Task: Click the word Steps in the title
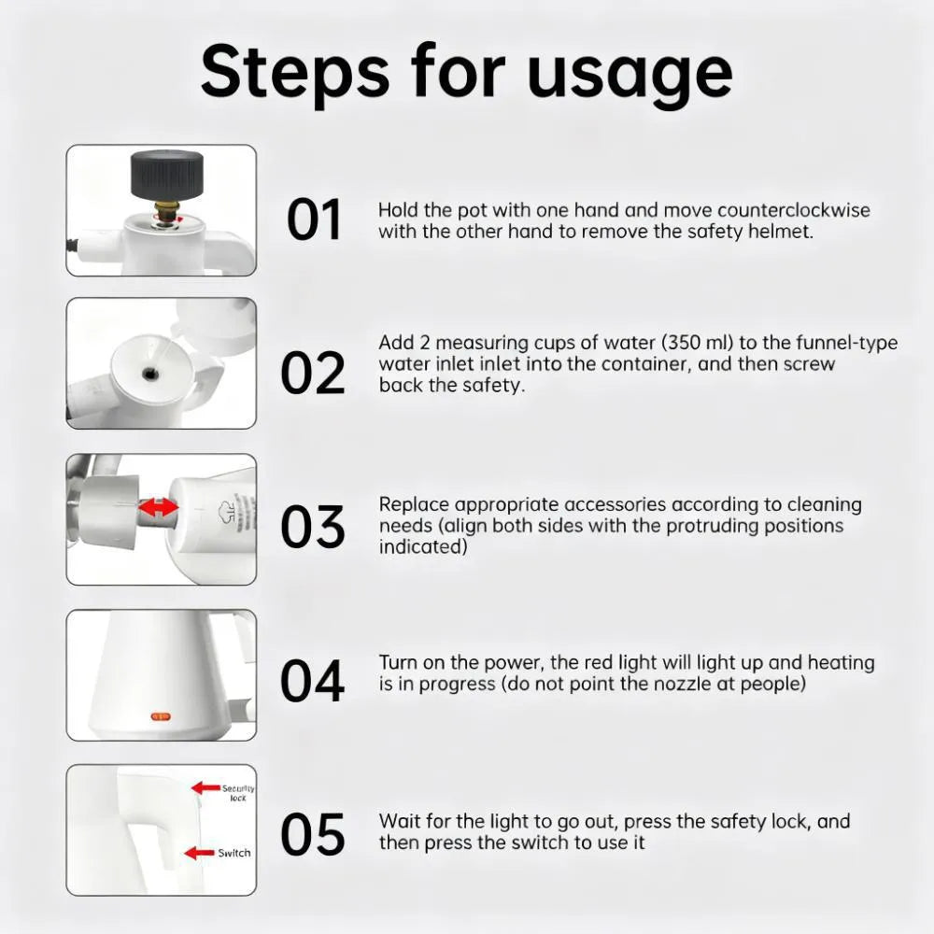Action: pos(295,74)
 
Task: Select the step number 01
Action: pos(314,219)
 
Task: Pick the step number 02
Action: pos(313,373)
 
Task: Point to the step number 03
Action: pos(313,527)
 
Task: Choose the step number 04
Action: pos(313,680)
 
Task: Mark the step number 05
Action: pos(313,834)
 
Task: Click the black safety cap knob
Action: pos(167,176)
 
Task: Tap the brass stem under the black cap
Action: pos(166,209)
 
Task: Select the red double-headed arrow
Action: pos(159,507)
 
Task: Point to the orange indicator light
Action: pos(161,716)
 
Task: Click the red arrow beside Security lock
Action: pos(205,787)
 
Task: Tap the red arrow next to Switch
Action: pos(199,853)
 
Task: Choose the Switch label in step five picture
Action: pos(234,853)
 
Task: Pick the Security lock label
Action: pos(238,793)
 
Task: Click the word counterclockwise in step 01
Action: pos(793,210)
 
